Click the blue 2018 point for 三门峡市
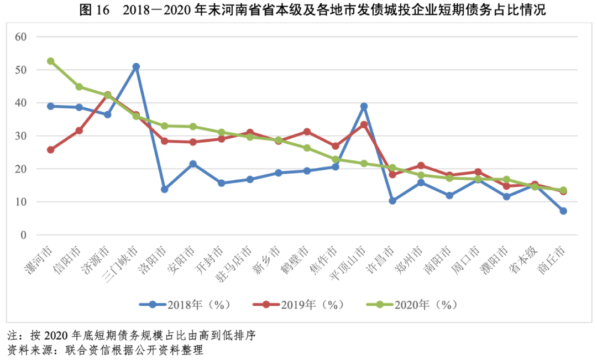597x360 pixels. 136,66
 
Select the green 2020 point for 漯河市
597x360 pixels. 51,61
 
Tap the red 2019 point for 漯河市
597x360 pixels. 51,150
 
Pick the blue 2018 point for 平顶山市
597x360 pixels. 364,106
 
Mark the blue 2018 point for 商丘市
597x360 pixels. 563,211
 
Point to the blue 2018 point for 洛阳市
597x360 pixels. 164,189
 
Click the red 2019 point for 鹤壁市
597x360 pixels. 307,132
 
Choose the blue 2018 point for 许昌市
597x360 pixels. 392,201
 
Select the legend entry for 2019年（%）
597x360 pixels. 298,304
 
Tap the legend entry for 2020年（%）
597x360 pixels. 412,304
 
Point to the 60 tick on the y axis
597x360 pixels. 21,36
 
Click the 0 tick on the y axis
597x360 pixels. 24,235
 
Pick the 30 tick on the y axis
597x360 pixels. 21,136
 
